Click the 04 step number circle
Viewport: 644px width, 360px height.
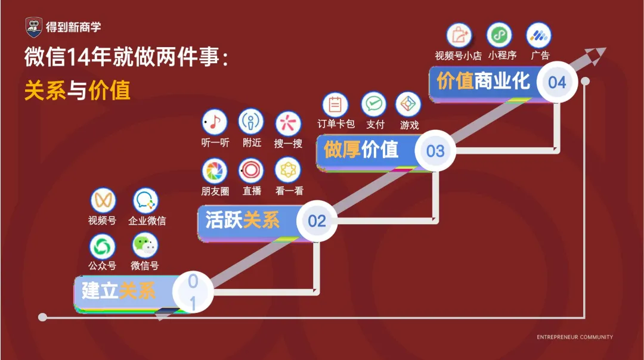tap(557, 82)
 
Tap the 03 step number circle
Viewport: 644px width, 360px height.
tap(435, 150)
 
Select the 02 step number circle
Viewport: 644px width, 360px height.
tap(317, 221)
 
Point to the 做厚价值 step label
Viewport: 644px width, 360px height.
tap(361, 150)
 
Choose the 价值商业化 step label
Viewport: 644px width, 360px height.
tap(483, 81)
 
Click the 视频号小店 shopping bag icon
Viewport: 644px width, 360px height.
tap(459, 36)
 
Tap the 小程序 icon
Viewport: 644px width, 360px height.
tap(499, 35)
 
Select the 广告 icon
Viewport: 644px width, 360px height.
tap(539, 35)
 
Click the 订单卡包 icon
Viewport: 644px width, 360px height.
tap(335, 105)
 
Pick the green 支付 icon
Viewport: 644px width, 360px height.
tap(374, 105)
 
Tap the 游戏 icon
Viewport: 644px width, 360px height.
tap(408, 105)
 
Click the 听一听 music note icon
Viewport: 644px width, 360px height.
tap(215, 122)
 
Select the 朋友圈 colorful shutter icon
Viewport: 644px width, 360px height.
tap(215, 171)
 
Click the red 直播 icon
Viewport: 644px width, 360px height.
tap(251, 171)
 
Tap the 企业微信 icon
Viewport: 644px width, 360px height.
tap(145, 201)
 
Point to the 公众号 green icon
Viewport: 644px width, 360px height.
tap(103, 247)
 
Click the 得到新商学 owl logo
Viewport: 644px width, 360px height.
tap(34, 27)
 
